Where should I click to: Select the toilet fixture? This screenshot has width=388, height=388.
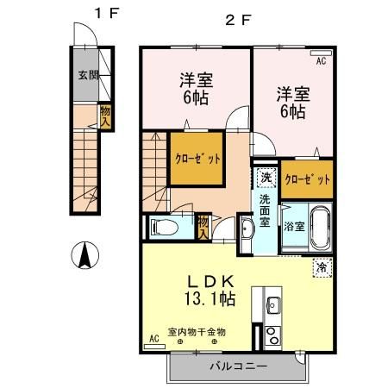point(163,227)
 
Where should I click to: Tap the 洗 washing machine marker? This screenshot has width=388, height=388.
point(266,178)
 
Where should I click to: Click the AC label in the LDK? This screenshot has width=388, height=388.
point(154,339)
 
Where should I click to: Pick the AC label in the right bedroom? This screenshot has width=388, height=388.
point(320,62)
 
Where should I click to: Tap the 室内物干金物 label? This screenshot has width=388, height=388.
point(197,331)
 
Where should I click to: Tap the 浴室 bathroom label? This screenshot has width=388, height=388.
point(293,227)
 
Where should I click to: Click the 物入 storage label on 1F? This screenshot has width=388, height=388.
point(104,115)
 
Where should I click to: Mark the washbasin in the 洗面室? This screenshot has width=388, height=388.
point(246,230)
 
